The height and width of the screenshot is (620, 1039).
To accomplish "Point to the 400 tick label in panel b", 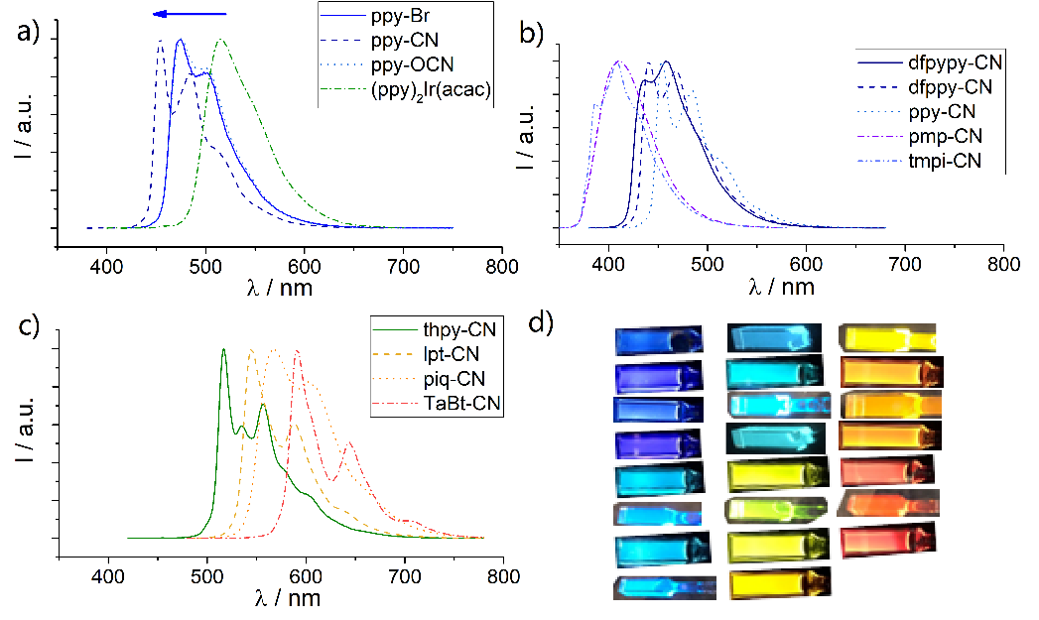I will pos(608,266).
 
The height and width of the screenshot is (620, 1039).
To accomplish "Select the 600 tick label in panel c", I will pos(306,576).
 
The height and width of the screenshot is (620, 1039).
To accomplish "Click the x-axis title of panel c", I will pos(289,599).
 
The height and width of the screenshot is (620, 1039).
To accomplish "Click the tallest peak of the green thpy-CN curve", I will pos(223,349).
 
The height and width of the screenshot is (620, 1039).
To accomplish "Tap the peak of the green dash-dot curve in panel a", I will pos(220,41).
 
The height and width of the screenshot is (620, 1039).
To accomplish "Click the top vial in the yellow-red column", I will pos(888,339).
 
